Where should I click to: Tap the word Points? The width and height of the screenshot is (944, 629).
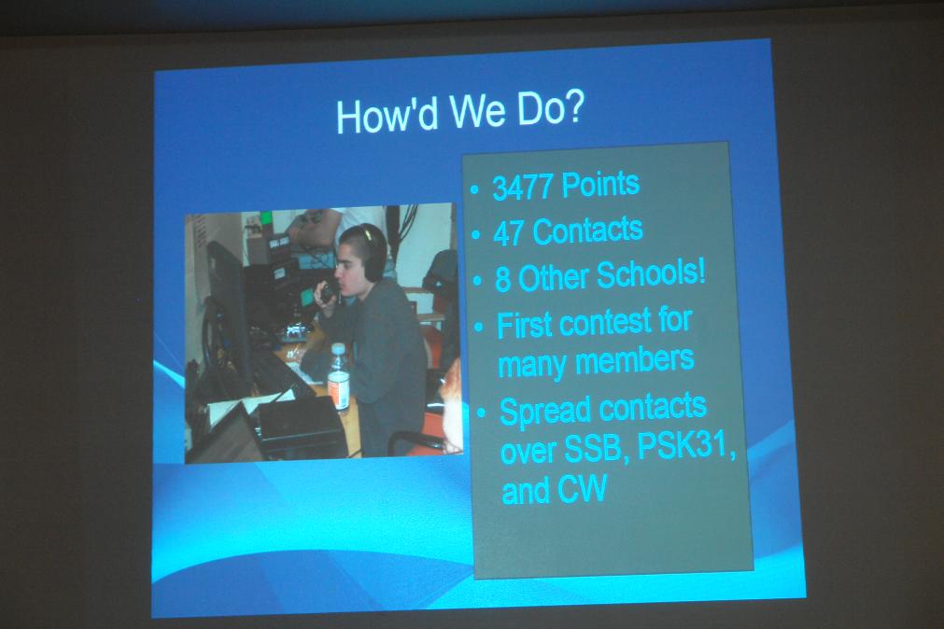(x=599, y=184)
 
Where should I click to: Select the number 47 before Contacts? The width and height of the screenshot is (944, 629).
(x=508, y=233)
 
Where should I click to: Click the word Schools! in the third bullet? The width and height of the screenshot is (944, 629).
(x=651, y=274)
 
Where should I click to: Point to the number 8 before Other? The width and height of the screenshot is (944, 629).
(x=502, y=279)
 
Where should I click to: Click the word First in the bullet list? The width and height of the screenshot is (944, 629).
(x=525, y=326)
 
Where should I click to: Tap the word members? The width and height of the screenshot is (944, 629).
(x=635, y=360)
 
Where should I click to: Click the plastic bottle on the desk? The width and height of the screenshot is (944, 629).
(x=338, y=378)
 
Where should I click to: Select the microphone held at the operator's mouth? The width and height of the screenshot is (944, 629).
(x=327, y=292)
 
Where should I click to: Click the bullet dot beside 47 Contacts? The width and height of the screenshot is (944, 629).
(x=476, y=234)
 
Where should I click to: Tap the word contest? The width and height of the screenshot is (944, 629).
(x=604, y=323)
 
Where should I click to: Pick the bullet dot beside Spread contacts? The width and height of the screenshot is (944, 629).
(x=481, y=412)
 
